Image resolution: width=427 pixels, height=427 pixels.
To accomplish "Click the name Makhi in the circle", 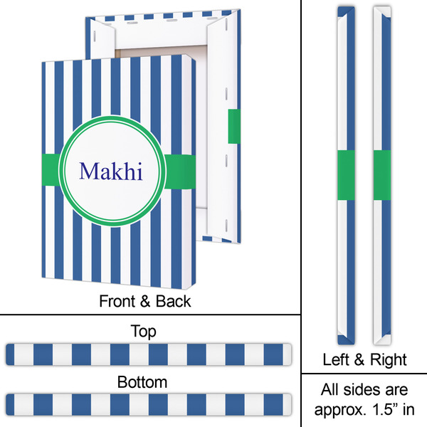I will pyautogui.click(x=111, y=172).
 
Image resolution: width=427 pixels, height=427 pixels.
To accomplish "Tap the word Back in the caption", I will pyautogui.click(x=174, y=301).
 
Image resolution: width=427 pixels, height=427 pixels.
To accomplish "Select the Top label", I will pyautogui.click(x=143, y=331).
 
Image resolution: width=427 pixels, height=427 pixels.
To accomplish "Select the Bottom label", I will pyautogui.click(x=143, y=382).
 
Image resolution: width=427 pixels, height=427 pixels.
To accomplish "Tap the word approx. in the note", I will pyautogui.click(x=337, y=410).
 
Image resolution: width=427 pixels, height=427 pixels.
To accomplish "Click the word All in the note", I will pyautogui.click(x=330, y=390).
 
